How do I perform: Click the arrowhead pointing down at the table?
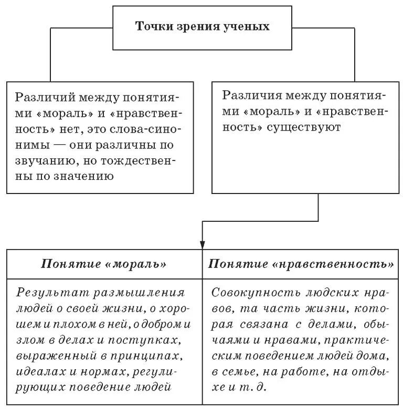click(x=203, y=244)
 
